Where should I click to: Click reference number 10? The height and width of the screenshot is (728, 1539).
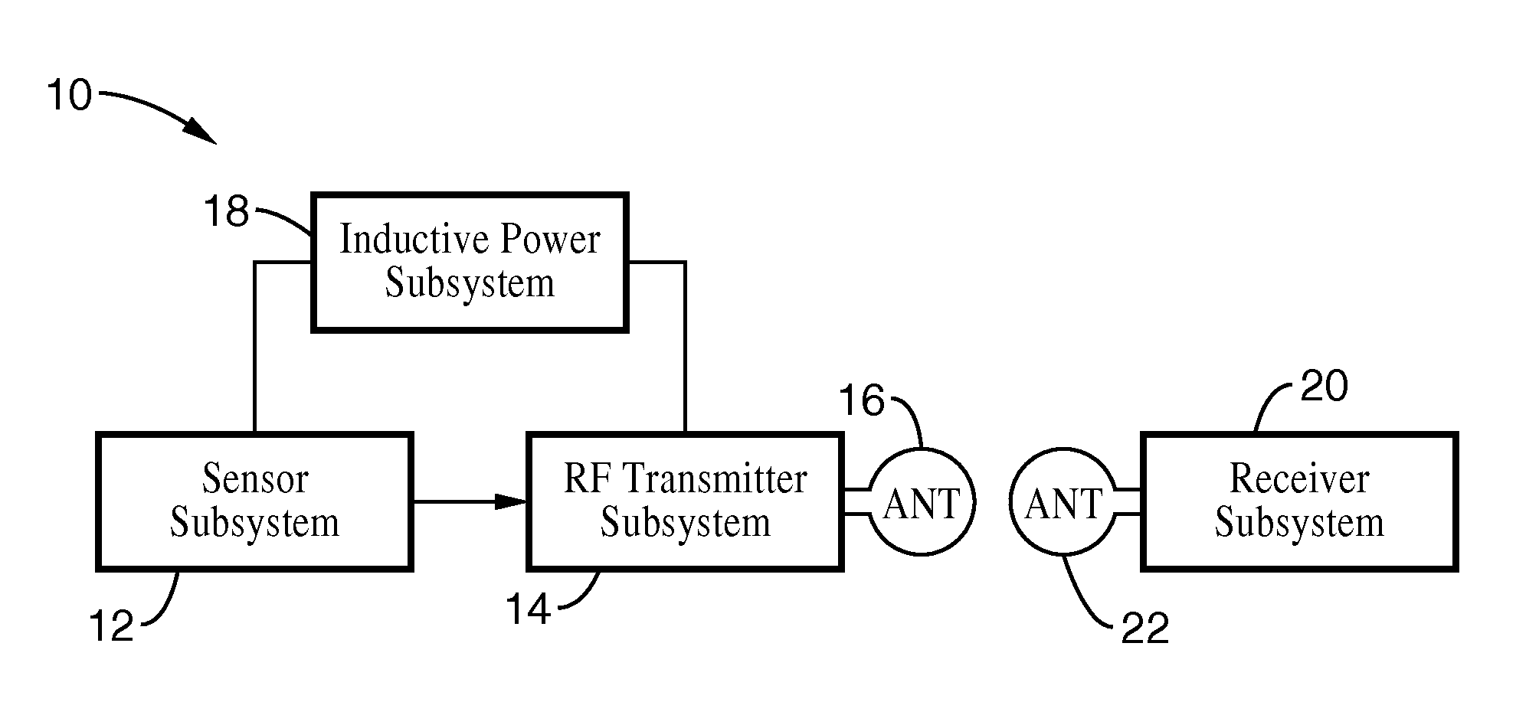click(x=70, y=96)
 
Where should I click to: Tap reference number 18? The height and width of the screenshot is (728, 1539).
click(x=227, y=211)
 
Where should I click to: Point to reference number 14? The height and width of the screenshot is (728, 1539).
click(x=528, y=611)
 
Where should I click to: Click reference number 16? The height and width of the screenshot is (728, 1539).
click(x=862, y=401)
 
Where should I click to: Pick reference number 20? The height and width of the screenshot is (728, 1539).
click(x=1325, y=387)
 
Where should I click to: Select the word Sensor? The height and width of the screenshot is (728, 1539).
click(x=255, y=479)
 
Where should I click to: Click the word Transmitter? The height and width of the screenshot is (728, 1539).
click(x=715, y=479)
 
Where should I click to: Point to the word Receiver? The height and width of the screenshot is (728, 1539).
click(x=1299, y=479)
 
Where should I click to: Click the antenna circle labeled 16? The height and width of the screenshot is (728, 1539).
click(x=922, y=503)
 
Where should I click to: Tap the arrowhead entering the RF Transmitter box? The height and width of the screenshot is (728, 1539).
click(x=512, y=502)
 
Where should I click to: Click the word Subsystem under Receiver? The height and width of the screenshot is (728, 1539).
click(x=1299, y=523)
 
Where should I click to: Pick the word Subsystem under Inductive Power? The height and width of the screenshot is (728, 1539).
click(x=470, y=282)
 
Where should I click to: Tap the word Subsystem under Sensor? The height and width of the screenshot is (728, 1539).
click(x=254, y=523)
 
